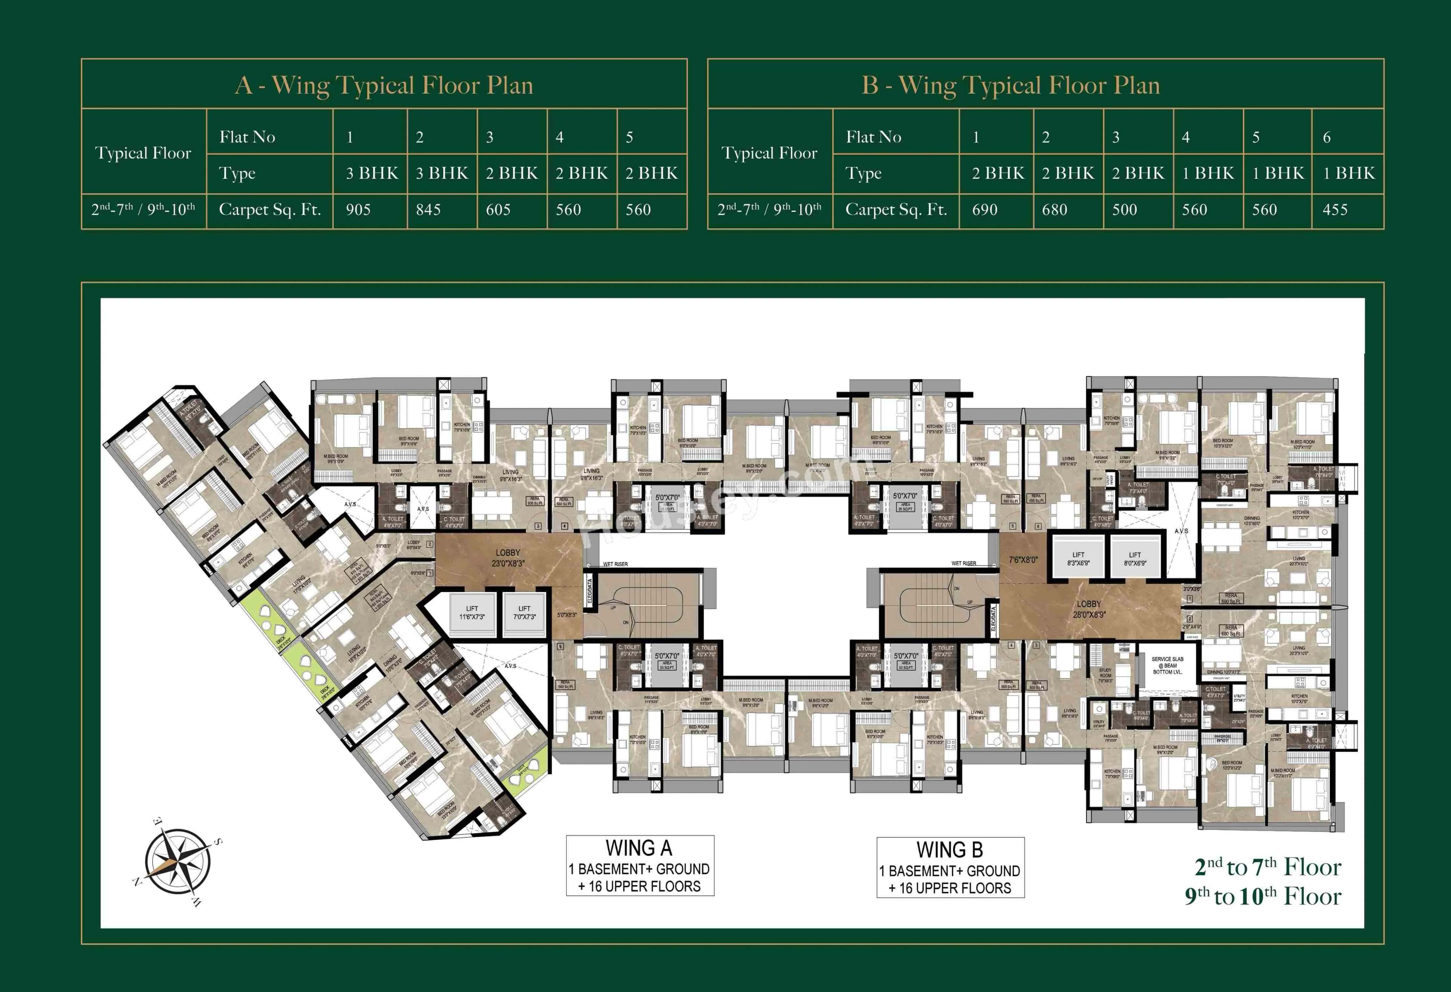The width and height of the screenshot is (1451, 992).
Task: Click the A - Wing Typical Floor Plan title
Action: (x=384, y=85)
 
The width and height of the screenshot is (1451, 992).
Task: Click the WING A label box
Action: (x=639, y=866)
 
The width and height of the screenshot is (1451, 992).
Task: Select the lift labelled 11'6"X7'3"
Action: (x=472, y=613)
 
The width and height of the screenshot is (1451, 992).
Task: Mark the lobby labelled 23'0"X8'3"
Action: (x=507, y=557)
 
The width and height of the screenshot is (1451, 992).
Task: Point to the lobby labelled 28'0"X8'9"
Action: (x=1089, y=609)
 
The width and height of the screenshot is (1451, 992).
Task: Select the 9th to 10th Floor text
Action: (x=1262, y=896)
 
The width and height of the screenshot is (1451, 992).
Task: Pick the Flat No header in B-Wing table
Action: (x=874, y=137)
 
